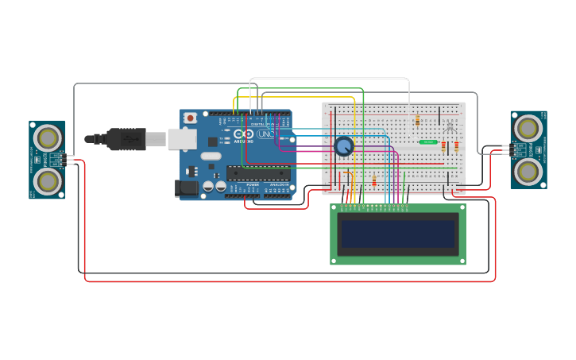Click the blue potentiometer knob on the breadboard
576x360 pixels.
(343, 146)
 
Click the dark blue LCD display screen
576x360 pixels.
(397, 234)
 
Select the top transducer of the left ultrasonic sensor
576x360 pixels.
(48, 138)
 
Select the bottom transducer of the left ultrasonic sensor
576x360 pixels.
(48, 181)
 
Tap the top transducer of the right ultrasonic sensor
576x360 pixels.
(528, 128)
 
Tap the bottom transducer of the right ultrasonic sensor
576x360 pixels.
(528, 171)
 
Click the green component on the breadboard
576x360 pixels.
(428, 141)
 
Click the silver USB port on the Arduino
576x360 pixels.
(182, 139)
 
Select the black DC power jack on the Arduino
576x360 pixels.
(187, 188)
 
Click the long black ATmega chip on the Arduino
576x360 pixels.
(257, 172)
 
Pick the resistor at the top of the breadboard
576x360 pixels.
(417, 120)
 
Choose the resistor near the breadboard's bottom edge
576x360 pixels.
(373, 182)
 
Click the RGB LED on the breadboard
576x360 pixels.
(450, 127)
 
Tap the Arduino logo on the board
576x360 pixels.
(244, 134)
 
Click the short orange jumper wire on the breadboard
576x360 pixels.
(347, 172)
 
